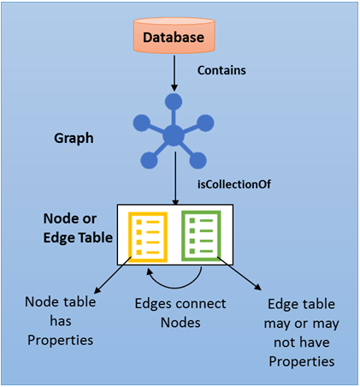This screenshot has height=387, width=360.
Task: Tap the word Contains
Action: tap(221, 70)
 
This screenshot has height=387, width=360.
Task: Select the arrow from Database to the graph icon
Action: tap(174, 78)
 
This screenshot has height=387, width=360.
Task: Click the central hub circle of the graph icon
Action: tap(174, 135)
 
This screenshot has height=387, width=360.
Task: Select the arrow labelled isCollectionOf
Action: tap(174, 185)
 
